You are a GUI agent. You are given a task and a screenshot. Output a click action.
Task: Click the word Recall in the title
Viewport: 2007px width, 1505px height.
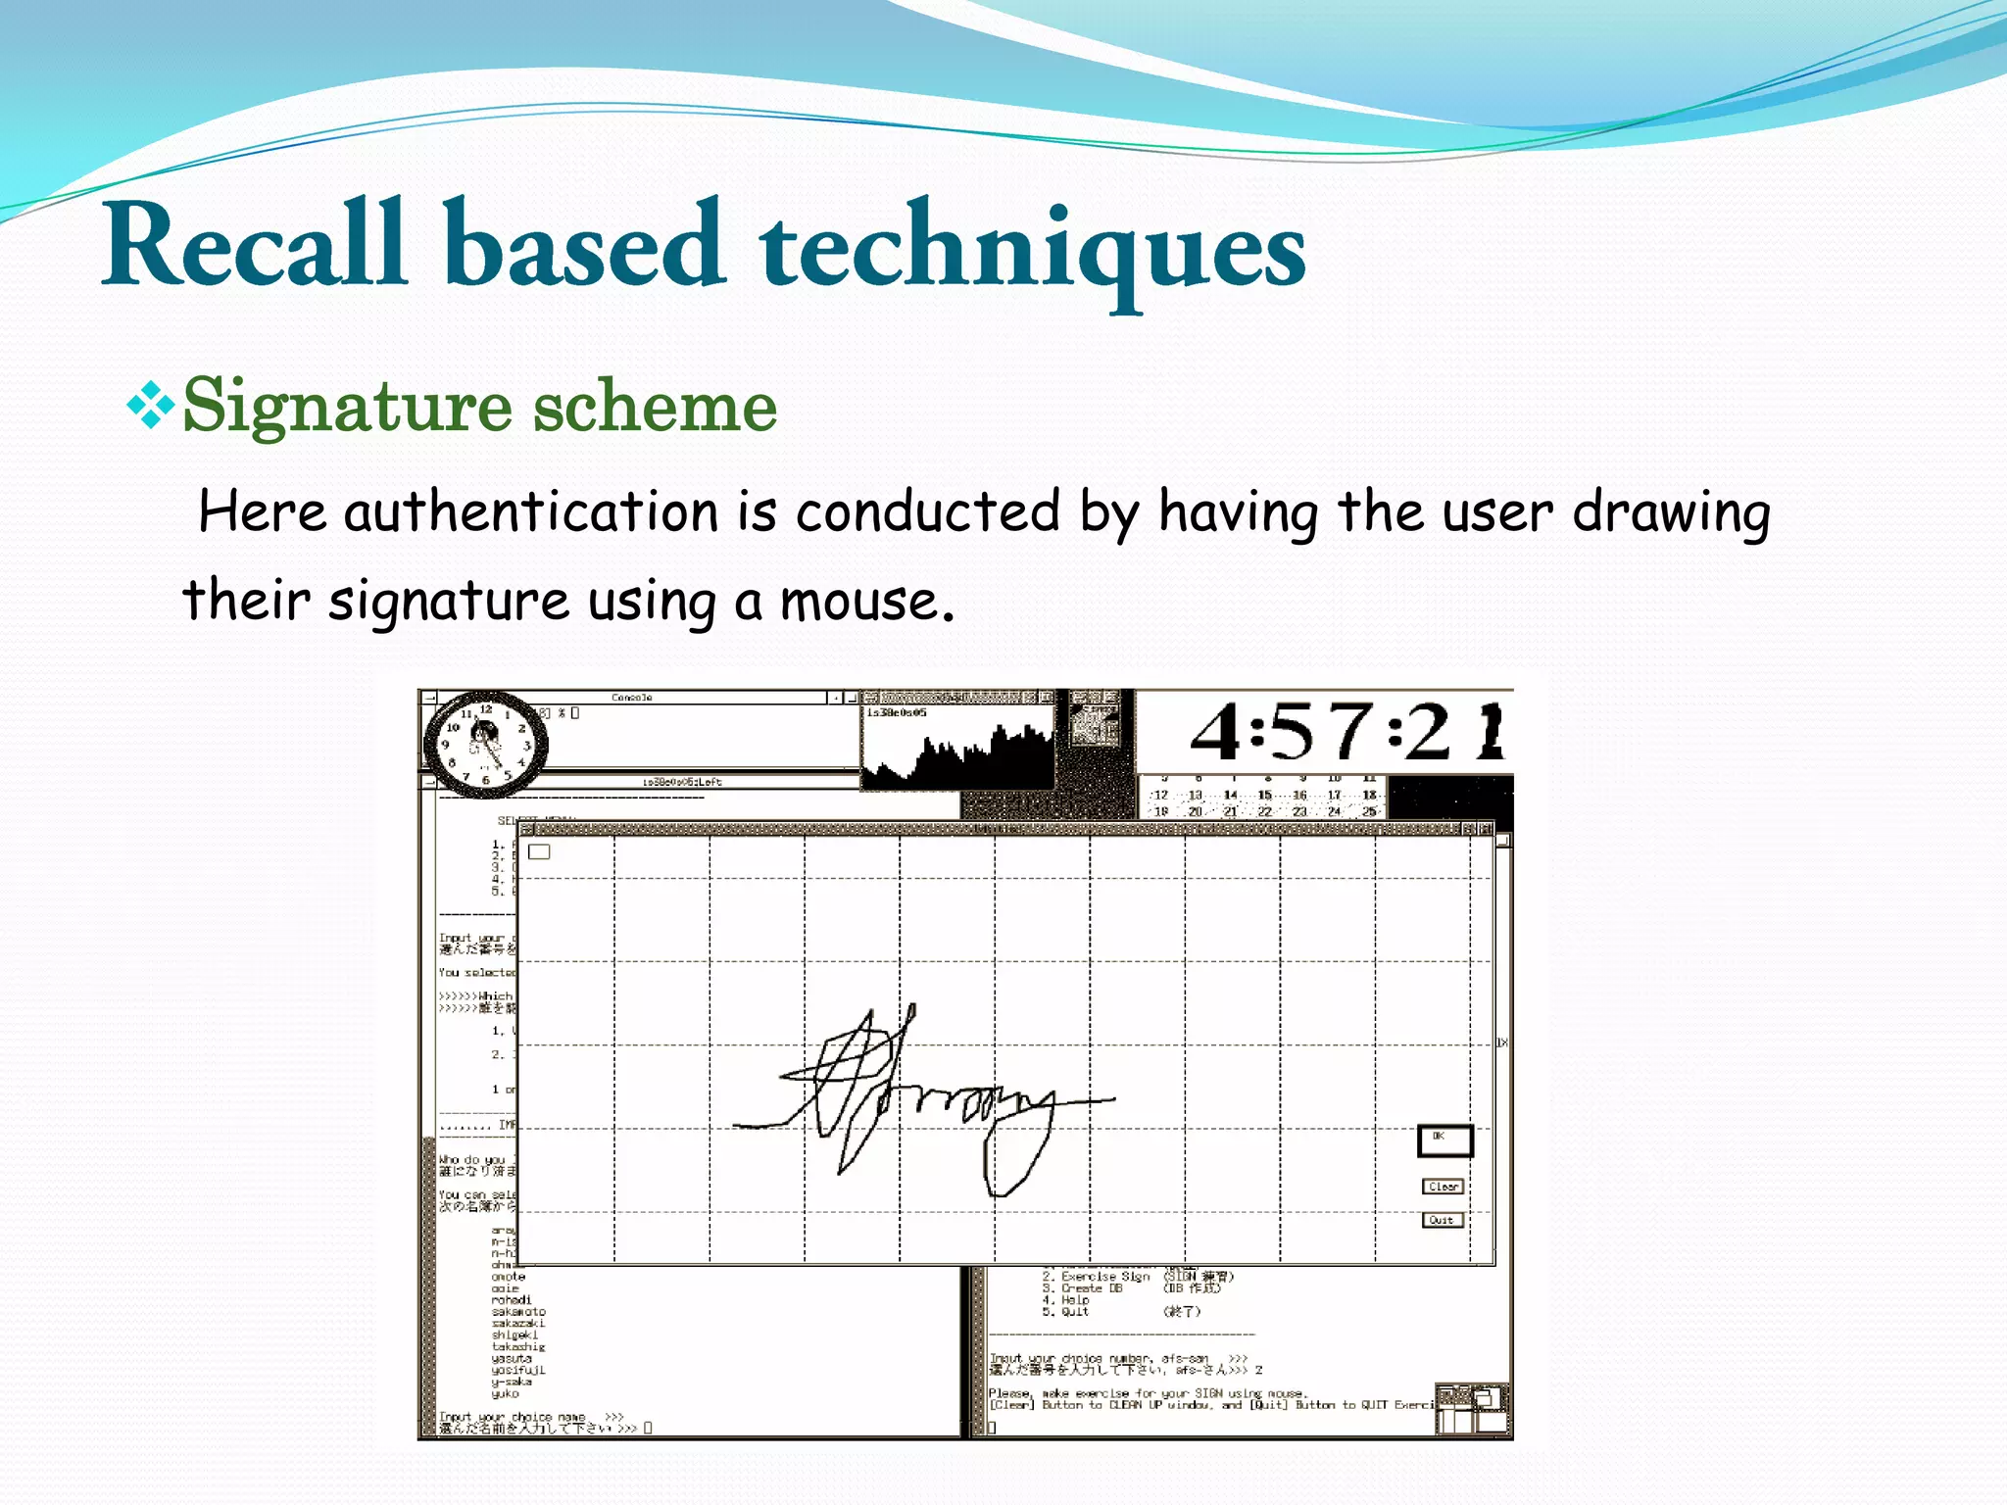click(x=255, y=245)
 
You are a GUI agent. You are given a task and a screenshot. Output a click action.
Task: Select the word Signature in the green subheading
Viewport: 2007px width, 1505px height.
click(x=347, y=408)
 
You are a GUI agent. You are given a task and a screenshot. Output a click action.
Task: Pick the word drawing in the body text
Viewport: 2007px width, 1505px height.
click(x=1671, y=514)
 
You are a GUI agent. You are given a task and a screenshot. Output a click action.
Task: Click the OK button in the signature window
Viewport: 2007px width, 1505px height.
click(x=1444, y=1141)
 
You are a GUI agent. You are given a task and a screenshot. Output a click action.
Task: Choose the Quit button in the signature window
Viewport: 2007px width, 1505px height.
click(x=1443, y=1220)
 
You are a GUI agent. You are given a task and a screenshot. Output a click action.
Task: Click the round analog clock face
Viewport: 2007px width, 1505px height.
click(x=485, y=745)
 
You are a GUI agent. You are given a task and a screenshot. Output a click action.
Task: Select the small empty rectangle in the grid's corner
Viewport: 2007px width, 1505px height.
click(x=539, y=851)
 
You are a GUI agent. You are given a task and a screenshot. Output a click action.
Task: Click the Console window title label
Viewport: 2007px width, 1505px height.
click(x=631, y=698)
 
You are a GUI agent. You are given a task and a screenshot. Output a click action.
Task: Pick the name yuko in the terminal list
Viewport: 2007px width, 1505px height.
click(x=506, y=1393)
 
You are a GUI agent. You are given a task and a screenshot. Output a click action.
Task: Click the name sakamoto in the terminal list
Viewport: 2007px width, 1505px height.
click(x=518, y=1312)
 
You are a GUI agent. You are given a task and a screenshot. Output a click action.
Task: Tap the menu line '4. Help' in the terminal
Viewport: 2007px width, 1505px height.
click(x=1066, y=1300)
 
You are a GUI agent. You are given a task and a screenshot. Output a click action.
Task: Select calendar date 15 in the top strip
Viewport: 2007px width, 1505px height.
click(x=1264, y=795)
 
